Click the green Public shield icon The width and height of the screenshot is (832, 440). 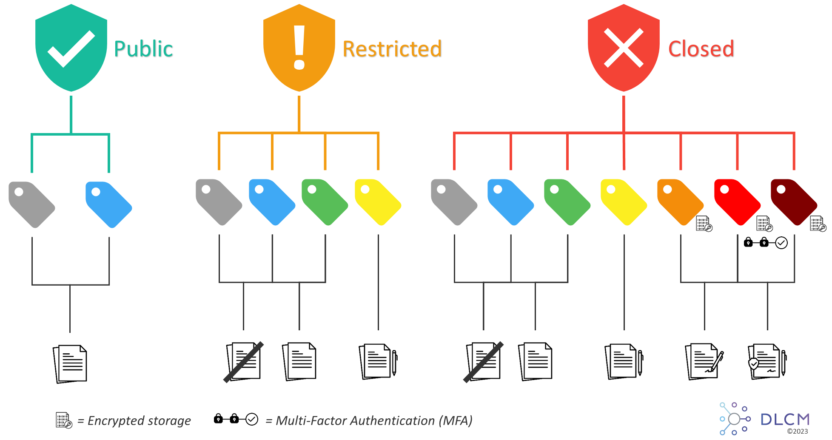[71, 48]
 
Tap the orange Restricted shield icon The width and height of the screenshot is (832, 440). [299, 48]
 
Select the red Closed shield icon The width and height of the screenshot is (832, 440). [624, 48]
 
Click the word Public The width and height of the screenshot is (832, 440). [144, 49]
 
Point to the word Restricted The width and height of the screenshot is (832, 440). [392, 49]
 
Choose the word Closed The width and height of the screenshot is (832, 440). [701, 49]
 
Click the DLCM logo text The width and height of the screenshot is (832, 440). [785, 420]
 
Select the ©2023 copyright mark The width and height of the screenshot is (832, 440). [797, 431]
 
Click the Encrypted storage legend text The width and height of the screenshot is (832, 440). [134, 421]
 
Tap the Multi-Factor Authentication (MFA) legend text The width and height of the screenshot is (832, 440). [369, 421]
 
